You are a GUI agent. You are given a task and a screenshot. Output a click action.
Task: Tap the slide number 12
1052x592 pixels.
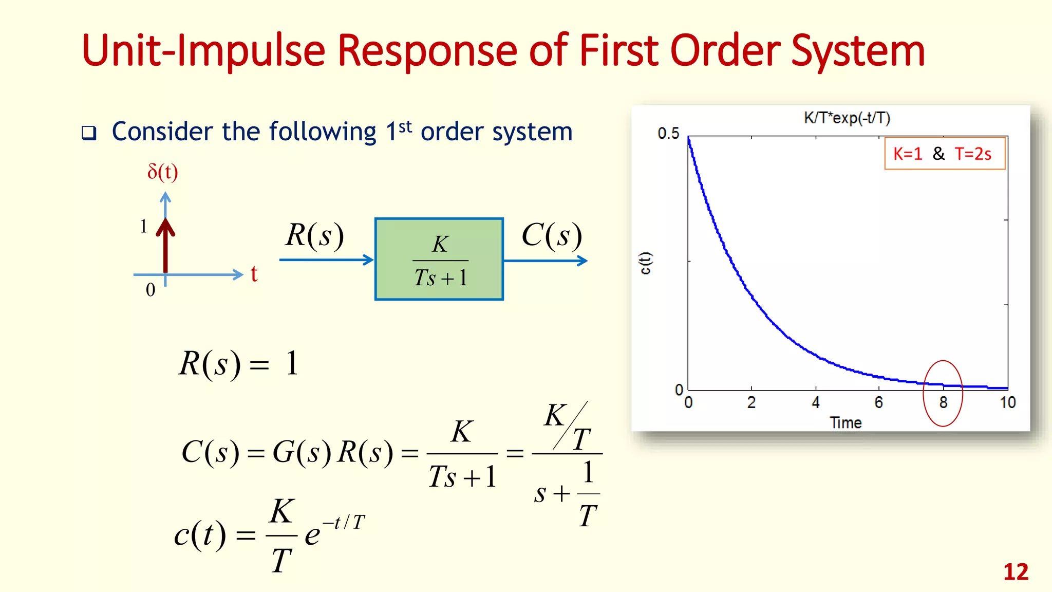coord(1016,572)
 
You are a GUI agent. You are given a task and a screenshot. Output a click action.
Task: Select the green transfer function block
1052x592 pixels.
coord(439,259)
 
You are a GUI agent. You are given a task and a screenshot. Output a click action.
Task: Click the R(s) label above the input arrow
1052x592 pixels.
coord(314,235)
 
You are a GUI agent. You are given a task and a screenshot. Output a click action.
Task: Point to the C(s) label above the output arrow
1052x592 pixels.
coord(552,235)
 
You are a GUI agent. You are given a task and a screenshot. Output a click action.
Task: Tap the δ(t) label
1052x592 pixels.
coord(162,172)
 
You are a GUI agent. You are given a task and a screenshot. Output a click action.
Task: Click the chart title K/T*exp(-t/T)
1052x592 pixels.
coord(847,118)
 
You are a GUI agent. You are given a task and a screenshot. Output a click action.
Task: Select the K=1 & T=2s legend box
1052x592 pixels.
coord(944,153)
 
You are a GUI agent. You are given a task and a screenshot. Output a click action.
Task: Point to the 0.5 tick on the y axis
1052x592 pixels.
coord(668,134)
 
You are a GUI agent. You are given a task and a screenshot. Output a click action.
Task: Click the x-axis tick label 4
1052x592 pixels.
coord(816,402)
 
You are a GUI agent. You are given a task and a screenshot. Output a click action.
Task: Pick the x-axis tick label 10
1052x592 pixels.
coord(1007,402)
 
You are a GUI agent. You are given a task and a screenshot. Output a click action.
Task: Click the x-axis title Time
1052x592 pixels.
coord(846,423)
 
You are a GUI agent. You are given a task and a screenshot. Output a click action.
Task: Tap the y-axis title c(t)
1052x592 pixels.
coord(645,263)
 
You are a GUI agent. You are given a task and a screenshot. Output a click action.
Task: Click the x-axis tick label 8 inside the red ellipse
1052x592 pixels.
coord(943,402)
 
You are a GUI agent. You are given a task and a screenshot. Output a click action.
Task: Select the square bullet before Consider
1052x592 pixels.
coord(89,133)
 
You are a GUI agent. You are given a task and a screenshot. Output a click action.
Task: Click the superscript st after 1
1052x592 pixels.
coord(405,126)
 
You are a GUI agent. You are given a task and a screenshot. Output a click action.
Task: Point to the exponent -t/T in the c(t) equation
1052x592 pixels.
coord(344,522)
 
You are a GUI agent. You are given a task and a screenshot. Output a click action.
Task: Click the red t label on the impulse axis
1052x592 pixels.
coord(254,274)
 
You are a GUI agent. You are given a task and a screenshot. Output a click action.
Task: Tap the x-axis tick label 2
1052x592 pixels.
coord(752,402)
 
